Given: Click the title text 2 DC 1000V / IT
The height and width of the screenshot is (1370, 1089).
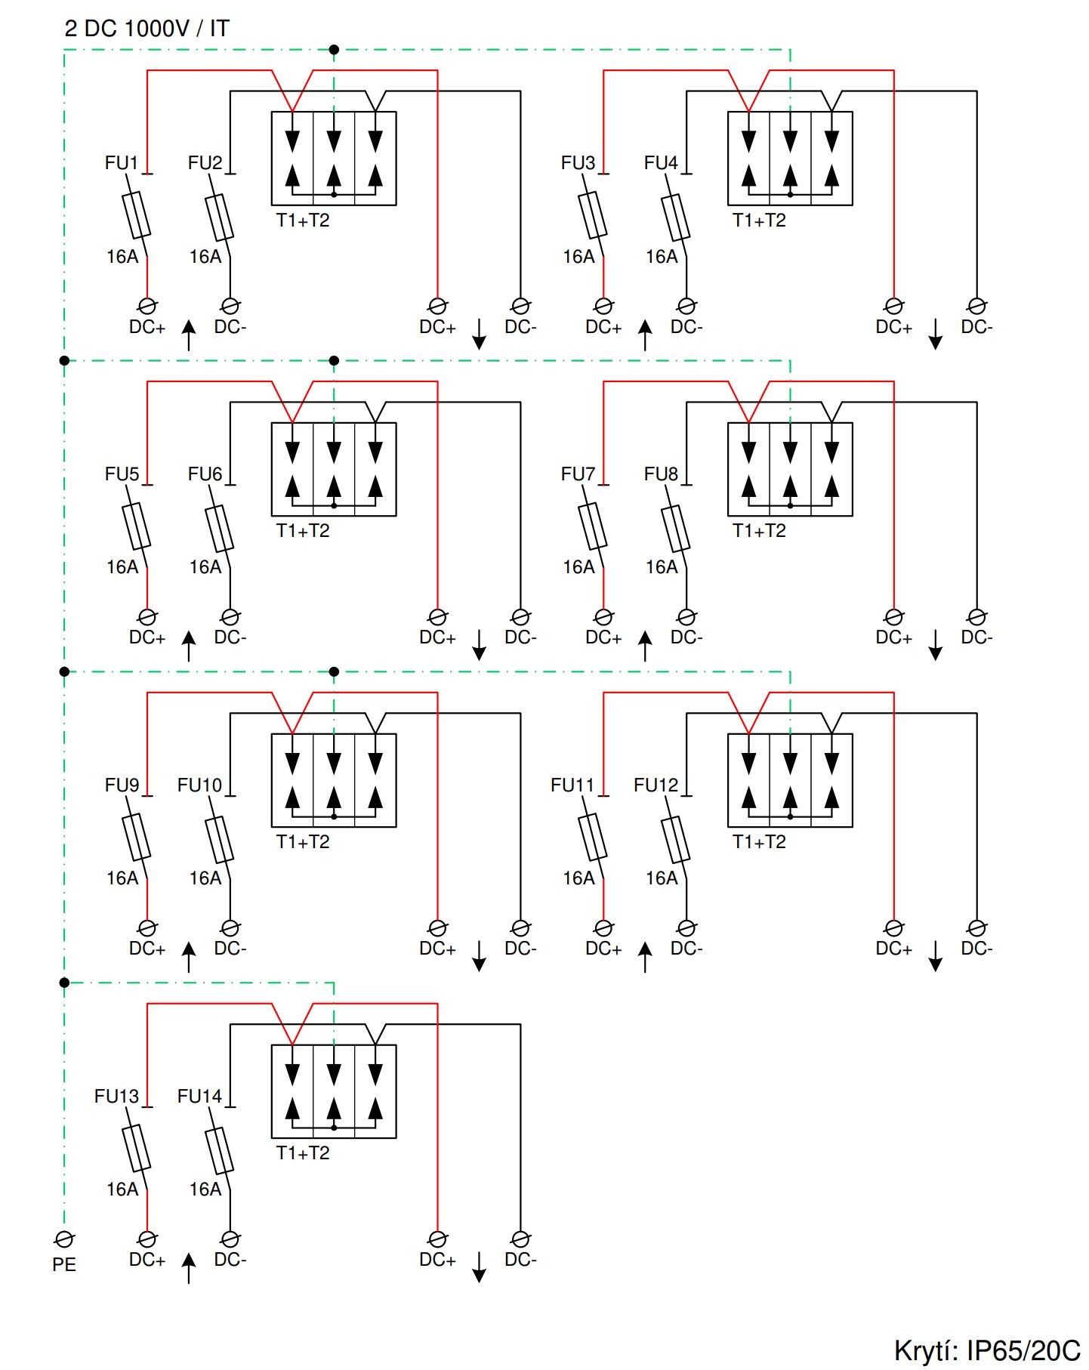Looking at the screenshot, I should pos(147,29).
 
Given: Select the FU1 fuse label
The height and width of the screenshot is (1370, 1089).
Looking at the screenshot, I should pos(122,163).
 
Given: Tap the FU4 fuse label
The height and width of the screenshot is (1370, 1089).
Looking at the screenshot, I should pos(661,163).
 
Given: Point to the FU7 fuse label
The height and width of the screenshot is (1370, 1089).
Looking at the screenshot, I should pos(578,474).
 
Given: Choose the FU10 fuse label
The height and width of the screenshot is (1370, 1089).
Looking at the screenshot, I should pos(199,785).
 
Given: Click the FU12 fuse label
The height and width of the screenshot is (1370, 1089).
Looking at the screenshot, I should pos(656,785).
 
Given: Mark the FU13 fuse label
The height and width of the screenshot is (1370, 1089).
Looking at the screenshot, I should pos(116,1097).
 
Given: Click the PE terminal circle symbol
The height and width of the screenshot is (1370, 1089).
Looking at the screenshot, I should pos(64,1239).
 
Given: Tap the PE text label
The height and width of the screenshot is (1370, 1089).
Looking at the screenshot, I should pos(64,1264).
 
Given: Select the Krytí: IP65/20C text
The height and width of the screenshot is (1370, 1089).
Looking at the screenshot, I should pos(986,1350).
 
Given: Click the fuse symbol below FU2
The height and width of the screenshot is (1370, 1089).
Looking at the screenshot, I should pos(219,217).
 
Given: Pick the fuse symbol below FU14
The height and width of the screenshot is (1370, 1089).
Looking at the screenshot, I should pos(219,1150).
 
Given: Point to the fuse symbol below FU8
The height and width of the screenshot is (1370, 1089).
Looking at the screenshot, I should pos(675,528).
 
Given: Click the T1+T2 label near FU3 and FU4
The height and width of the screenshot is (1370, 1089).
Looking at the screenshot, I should pos(759,221).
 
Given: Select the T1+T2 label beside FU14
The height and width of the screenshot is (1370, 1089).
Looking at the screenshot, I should pos(303,1153).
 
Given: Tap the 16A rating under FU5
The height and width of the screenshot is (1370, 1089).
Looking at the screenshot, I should pos(122,567).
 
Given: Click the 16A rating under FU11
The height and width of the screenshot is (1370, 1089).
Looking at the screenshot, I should pos(578,878).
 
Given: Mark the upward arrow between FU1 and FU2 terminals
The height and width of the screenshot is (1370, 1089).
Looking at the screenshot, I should pos(189,335).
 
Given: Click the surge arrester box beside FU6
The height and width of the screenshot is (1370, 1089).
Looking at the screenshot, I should pos(334,469).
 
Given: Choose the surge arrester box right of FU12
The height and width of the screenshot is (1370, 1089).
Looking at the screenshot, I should pos(790,780).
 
